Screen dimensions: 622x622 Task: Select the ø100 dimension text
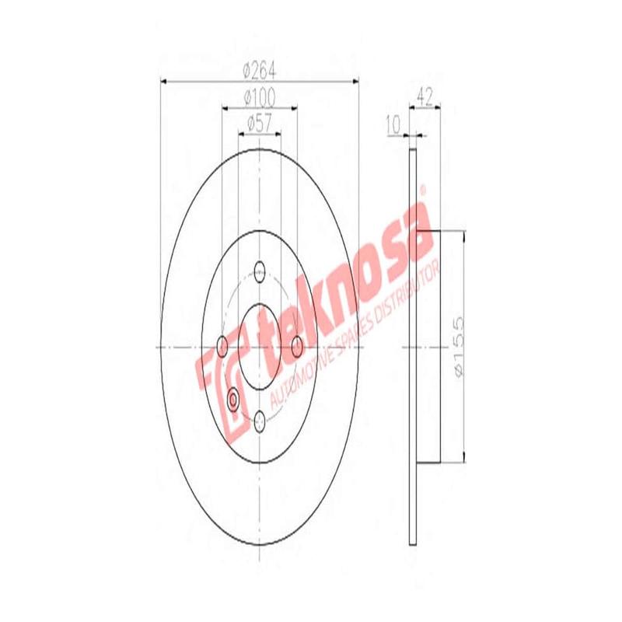260,97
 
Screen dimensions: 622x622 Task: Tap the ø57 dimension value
260,123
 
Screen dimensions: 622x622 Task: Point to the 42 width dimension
425,96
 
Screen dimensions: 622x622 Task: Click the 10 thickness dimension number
391,123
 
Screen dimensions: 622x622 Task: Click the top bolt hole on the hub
260,272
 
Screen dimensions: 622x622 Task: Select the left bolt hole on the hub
223,345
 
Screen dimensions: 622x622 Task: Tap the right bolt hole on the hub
296,345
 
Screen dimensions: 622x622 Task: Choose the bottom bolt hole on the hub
260,421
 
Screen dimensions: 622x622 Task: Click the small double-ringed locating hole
234,400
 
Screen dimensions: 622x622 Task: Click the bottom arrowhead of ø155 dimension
464,458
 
